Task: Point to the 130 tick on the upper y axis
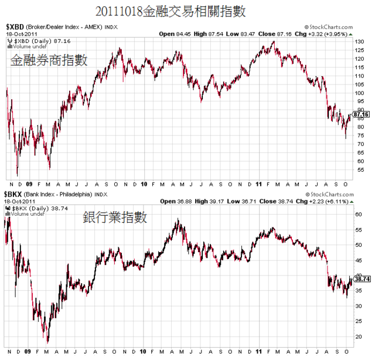point(359,42)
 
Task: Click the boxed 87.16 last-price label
point(363,114)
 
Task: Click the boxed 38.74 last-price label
point(363,280)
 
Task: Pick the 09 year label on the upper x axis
point(30,183)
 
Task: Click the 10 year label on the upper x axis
point(144,183)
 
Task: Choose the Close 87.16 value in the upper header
point(276,34)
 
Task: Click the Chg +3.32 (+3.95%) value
point(325,34)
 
